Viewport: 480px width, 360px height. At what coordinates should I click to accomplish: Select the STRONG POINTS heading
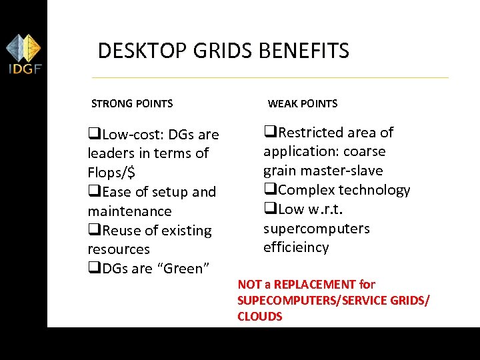pos(132,103)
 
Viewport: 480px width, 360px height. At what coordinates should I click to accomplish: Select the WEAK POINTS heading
pos(303,103)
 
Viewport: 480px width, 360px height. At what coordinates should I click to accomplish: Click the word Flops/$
pos(111,173)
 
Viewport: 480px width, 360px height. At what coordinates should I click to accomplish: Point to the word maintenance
pos(129,211)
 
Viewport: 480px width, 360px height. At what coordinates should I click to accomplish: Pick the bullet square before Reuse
pos(94,231)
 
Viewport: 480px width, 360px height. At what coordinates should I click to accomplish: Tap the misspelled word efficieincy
pos(296,248)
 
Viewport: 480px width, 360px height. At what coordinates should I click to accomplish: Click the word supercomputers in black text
pos(316,229)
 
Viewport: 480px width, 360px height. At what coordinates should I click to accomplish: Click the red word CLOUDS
pos(260,317)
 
